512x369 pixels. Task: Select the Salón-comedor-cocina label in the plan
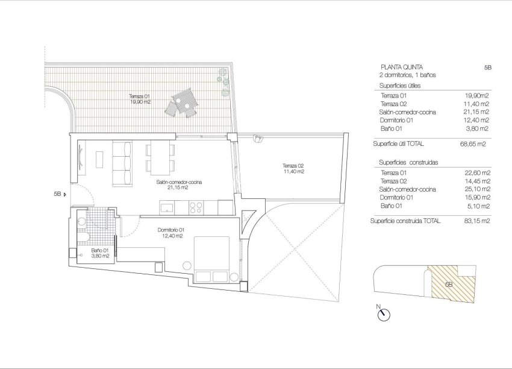click(179, 184)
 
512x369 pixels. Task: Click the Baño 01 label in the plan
click(100, 253)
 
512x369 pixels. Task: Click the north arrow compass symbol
click(384, 314)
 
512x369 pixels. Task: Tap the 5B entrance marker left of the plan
click(59, 194)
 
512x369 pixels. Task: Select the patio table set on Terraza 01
click(184, 104)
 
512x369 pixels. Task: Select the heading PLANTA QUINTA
click(402, 67)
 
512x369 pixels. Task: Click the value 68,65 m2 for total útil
click(472, 144)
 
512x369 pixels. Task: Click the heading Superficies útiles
click(400, 86)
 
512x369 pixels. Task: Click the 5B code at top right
click(488, 68)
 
